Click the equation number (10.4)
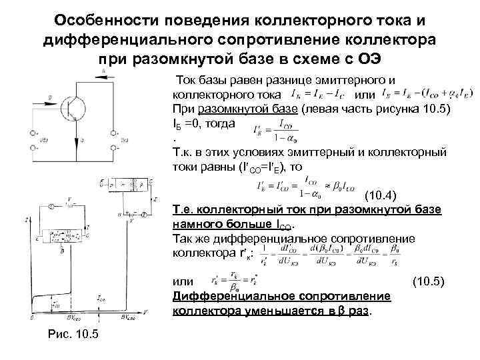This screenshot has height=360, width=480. (381, 195)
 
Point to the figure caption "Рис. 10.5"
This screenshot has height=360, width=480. (73, 333)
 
